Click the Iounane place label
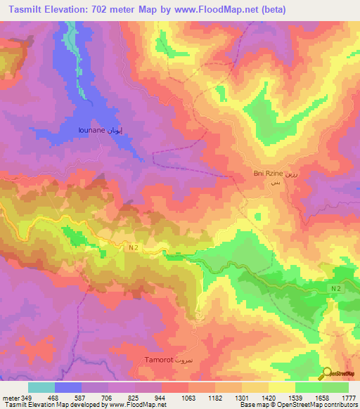pyautogui.click(x=94, y=130)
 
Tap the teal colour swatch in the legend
pyautogui.click(x=41, y=387)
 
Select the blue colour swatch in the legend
pyautogui.click(x=68, y=387)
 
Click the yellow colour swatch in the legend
pyautogui.click(x=282, y=387)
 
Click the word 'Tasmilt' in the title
pyautogui.click(x=30, y=8)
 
